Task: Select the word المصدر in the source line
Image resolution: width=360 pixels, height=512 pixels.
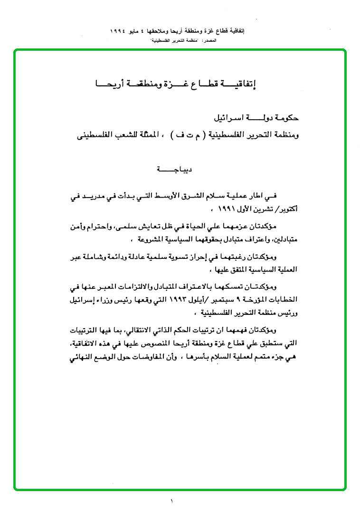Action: coord(209,41)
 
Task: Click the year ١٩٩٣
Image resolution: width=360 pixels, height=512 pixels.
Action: coord(177,300)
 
